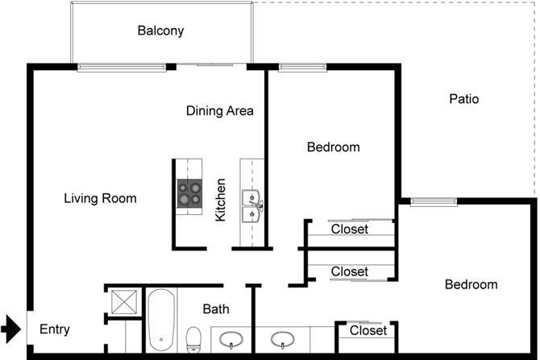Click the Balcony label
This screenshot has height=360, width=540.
pos(160,31)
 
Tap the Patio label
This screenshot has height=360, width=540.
pos(463,99)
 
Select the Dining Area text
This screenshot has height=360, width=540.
pos(220,110)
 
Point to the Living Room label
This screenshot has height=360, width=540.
pos(100,198)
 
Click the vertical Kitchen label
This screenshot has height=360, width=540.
pos(220,206)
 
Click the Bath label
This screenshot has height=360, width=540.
pos(216,308)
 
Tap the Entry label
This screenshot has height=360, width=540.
pos(55,329)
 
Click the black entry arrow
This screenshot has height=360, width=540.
pos(10,328)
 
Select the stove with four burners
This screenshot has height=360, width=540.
pos(189,193)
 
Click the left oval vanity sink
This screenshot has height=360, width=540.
pos(233,339)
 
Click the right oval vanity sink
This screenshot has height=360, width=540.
pos(283,339)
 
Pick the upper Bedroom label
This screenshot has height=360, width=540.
pos(333,147)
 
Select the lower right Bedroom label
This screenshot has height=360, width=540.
pos(471,284)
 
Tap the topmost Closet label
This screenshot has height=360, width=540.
pos(350,230)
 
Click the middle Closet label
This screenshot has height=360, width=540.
pos(350,271)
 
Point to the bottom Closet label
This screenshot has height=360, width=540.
pos(368,330)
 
